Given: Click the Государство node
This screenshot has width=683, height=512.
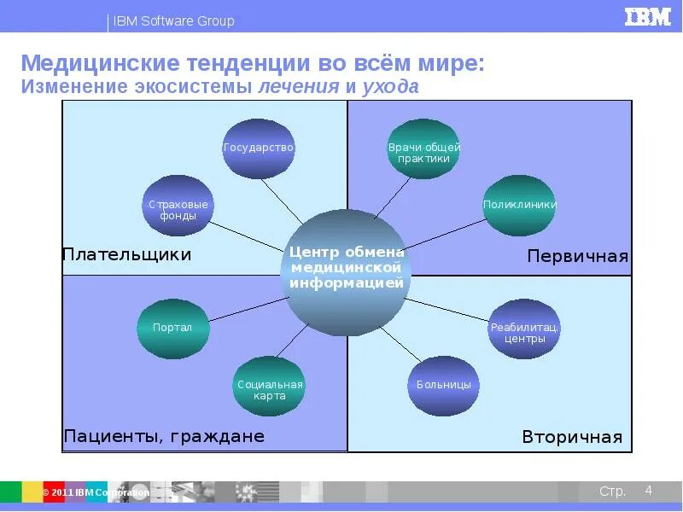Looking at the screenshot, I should (259, 148).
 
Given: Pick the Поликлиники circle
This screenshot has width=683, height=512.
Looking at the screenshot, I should (519, 206).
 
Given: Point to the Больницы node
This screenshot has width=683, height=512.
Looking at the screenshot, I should (444, 386).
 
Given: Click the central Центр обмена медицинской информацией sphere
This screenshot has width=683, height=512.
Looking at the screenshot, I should (346, 271).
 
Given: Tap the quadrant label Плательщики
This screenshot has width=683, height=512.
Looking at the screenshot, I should (126, 254).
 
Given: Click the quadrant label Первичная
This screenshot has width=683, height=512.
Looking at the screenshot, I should (577, 257).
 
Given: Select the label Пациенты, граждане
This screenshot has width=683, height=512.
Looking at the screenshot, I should (164, 437).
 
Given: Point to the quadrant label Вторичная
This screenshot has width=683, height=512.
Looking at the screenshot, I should (572, 438).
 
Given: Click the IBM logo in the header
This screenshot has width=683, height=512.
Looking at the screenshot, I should (647, 17).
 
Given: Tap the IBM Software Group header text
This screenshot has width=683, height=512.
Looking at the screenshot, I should (173, 21).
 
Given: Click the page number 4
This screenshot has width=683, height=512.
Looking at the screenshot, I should (649, 490).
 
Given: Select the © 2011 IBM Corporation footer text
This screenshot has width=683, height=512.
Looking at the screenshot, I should (96, 492).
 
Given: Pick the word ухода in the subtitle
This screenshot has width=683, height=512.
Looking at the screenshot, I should (390, 87).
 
